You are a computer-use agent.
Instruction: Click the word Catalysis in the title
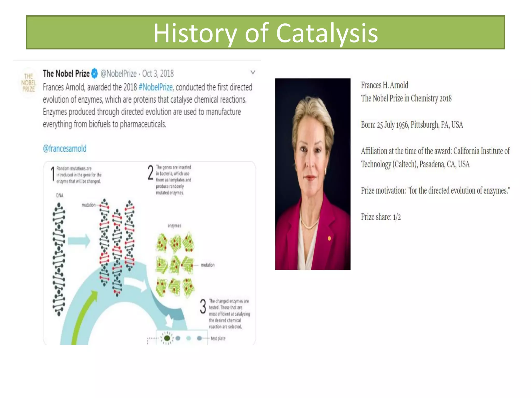click(327, 33)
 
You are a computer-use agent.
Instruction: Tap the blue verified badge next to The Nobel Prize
click(95, 73)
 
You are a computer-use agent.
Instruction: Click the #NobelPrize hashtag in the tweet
click(156, 87)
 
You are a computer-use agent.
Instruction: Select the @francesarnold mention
click(65, 148)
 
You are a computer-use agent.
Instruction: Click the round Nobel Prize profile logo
click(29, 83)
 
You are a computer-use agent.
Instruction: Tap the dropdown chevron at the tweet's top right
click(253, 72)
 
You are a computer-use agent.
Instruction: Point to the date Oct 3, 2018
click(158, 74)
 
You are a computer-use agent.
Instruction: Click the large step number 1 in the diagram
click(53, 174)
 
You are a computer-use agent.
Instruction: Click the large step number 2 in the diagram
click(151, 173)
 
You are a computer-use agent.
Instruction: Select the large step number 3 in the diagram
click(203, 306)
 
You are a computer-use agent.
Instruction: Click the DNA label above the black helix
click(60, 195)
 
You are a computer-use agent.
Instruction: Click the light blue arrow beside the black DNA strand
click(79, 241)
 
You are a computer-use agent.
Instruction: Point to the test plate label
click(218, 338)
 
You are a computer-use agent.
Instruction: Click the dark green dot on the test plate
click(167, 338)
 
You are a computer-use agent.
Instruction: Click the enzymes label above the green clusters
click(174, 226)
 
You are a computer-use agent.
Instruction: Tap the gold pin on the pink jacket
click(329, 238)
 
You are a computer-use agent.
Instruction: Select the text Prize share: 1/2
click(381, 217)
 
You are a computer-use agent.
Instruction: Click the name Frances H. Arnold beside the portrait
click(384, 85)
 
